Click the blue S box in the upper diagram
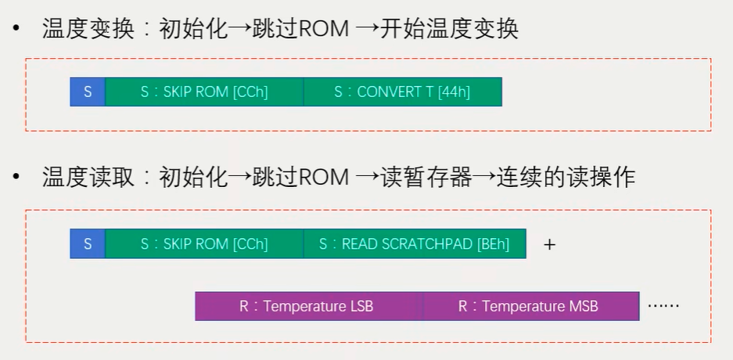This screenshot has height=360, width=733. click(x=88, y=92)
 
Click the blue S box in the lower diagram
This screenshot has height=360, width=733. click(x=88, y=244)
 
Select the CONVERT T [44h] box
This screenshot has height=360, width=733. click(x=402, y=92)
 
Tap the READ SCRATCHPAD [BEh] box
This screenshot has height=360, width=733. click(x=415, y=244)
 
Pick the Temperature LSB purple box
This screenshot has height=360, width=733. click(x=308, y=306)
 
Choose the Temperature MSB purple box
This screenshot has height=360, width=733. click(x=530, y=306)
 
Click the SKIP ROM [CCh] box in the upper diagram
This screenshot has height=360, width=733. click(x=204, y=92)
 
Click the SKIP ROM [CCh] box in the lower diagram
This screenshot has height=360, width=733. click(x=204, y=244)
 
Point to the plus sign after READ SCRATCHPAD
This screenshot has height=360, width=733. click(x=549, y=244)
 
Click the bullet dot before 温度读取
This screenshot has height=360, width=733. click(x=16, y=178)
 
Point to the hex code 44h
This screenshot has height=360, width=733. click(x=455, y=92)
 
